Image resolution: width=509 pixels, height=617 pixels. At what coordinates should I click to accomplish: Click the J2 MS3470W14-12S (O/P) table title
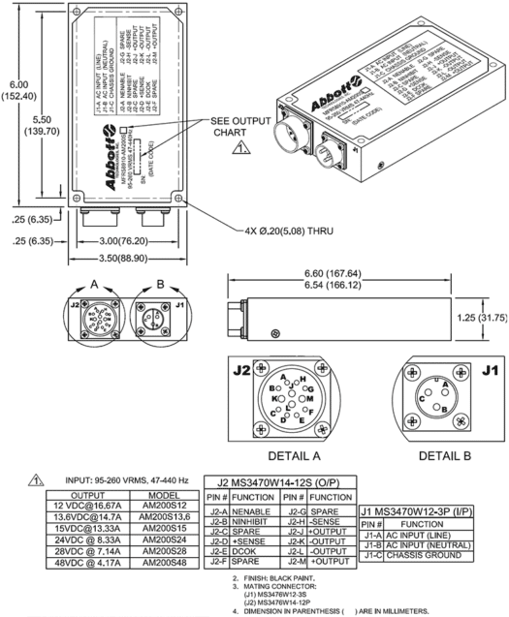pos(273,482)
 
